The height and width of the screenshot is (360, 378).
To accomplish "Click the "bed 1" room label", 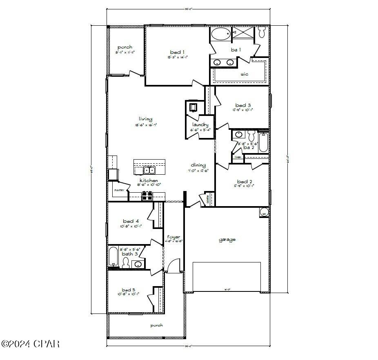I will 177,52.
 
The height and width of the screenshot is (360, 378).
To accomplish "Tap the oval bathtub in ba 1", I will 221,34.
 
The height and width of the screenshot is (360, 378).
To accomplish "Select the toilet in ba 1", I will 262,31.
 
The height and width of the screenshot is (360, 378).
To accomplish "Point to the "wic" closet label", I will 244,74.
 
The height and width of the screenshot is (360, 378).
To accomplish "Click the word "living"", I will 145,119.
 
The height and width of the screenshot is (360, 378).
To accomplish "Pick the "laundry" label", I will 200,124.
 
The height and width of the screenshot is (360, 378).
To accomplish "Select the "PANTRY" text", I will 119,190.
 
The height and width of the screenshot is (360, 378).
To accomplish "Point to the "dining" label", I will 198,165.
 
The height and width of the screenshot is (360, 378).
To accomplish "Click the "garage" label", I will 227,240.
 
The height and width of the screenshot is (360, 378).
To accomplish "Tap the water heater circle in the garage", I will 264,212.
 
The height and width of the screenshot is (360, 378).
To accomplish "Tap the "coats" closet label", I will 208,199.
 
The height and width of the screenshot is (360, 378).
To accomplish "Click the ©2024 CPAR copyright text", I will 30,344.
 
